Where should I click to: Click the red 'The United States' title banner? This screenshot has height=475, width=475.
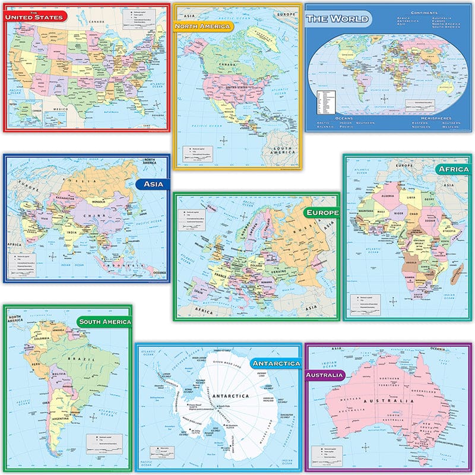point(35,17)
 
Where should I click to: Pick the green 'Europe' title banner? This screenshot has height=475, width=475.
point(321,212)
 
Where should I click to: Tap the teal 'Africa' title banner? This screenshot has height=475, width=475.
point(453,169)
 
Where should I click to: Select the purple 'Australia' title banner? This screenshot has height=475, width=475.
point(325,375)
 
